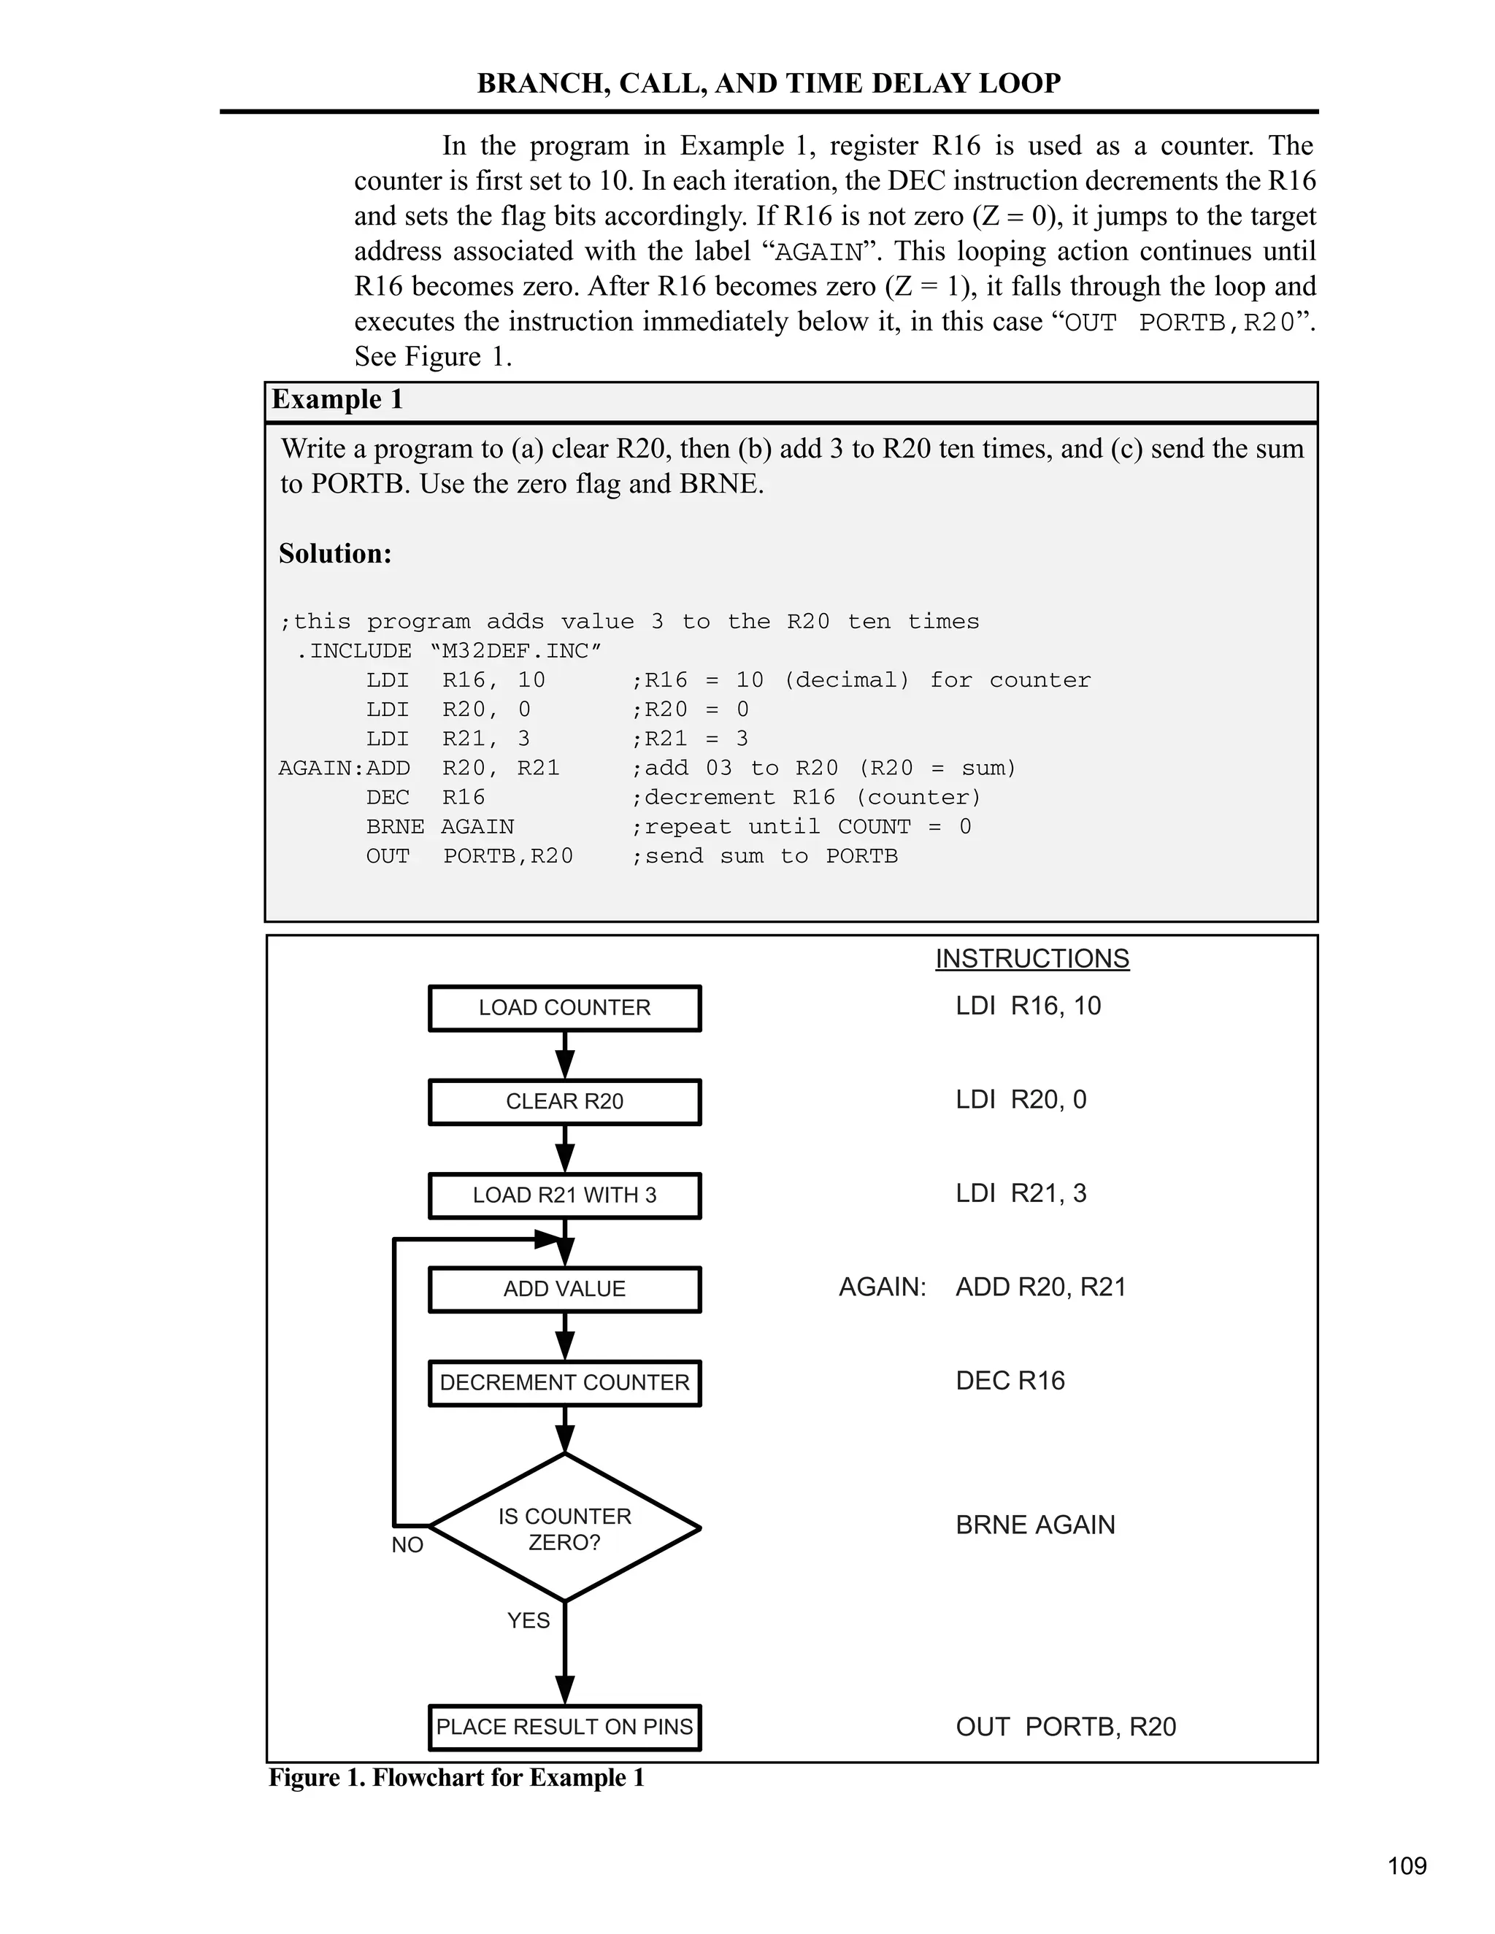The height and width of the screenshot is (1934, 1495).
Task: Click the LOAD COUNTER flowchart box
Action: (x=564, y=1008)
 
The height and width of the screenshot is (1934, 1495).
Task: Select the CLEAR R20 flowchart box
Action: (x=564, y=1101)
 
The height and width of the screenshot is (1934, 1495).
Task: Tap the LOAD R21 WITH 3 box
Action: (x=564, y=1195)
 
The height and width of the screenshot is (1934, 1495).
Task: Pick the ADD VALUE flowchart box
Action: (x=564, y=1290)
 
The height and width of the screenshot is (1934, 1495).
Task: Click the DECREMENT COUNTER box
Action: (x=564, y=1383)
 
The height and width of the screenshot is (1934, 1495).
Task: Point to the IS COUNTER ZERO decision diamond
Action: (x=564, y=1528)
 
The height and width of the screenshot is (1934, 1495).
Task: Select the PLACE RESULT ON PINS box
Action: (x=564, y=1727)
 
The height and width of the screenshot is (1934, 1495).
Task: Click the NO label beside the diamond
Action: (x=407, y=1545)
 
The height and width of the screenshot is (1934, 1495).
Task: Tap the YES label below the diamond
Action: (x=528, y=1620)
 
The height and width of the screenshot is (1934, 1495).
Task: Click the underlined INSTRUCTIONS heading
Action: (x=1031, y=959)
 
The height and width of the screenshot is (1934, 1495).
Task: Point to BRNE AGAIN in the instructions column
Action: (x=1035, y=1525)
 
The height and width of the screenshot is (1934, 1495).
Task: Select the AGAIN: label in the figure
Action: (x=882, y=1287)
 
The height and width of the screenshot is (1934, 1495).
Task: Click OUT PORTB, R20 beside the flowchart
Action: (x=1066, y=1727)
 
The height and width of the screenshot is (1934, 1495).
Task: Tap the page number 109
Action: (x=1407, y=1866)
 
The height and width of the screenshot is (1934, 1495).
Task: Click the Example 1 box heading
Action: (x=337, y=399)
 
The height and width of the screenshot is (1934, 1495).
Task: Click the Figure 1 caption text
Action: (x=456, y=1777)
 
